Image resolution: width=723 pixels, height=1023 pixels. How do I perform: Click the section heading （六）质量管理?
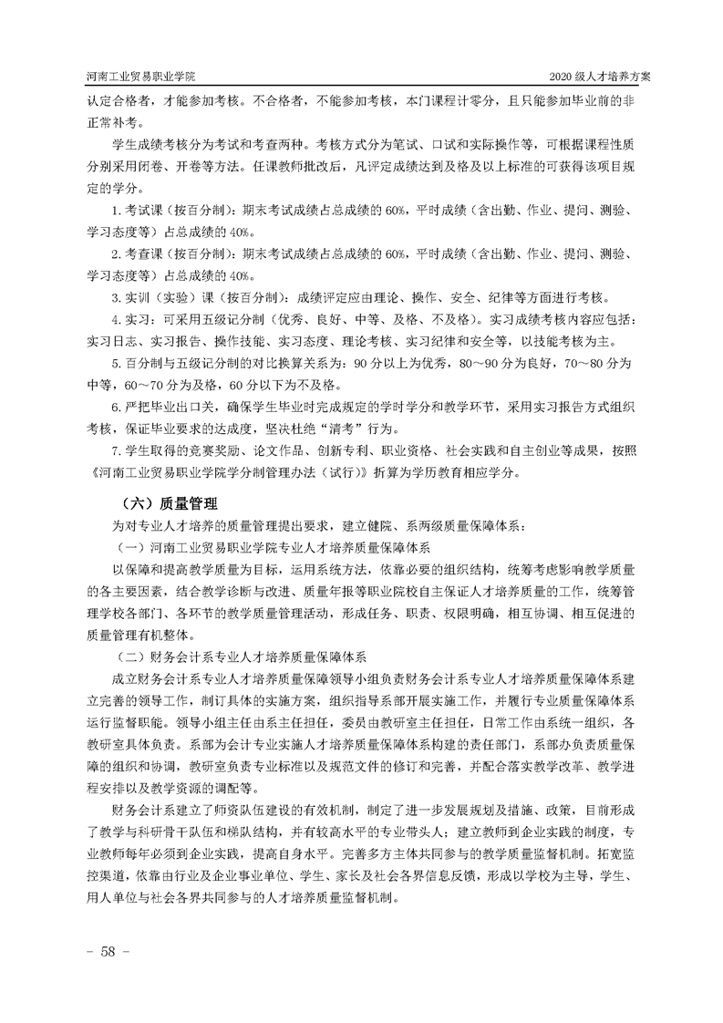(170, 502)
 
